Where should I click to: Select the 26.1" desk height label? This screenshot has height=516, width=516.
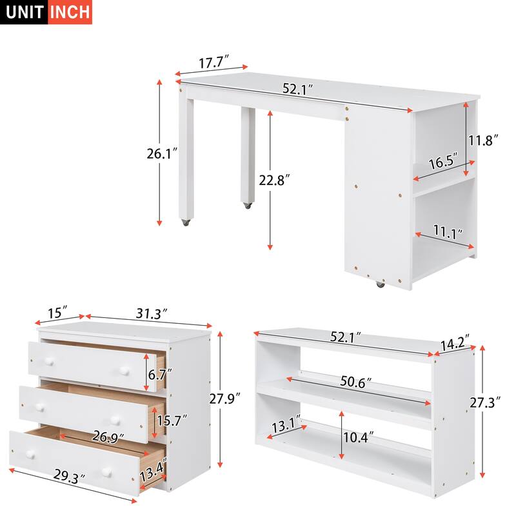pyautogui.click(x=162, y=153)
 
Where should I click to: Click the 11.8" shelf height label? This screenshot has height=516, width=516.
pyautogui.click(x=484, y=140)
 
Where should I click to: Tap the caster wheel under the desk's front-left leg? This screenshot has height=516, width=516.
pyautogui.click(x=186, y=223)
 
